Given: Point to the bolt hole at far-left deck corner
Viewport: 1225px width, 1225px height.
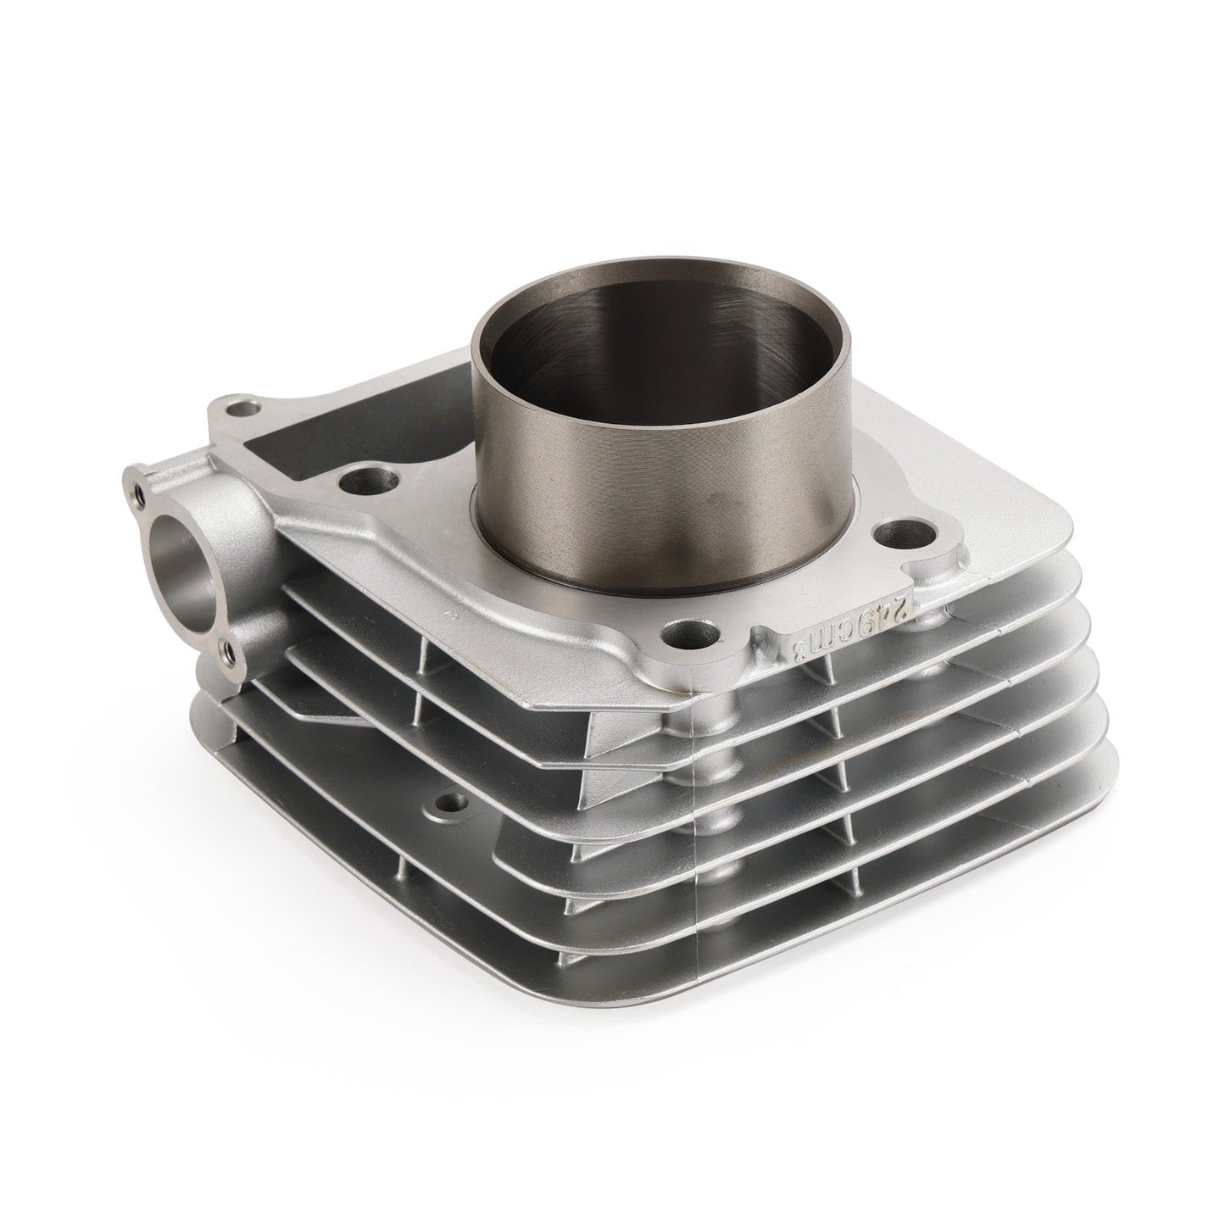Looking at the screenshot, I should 247,410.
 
